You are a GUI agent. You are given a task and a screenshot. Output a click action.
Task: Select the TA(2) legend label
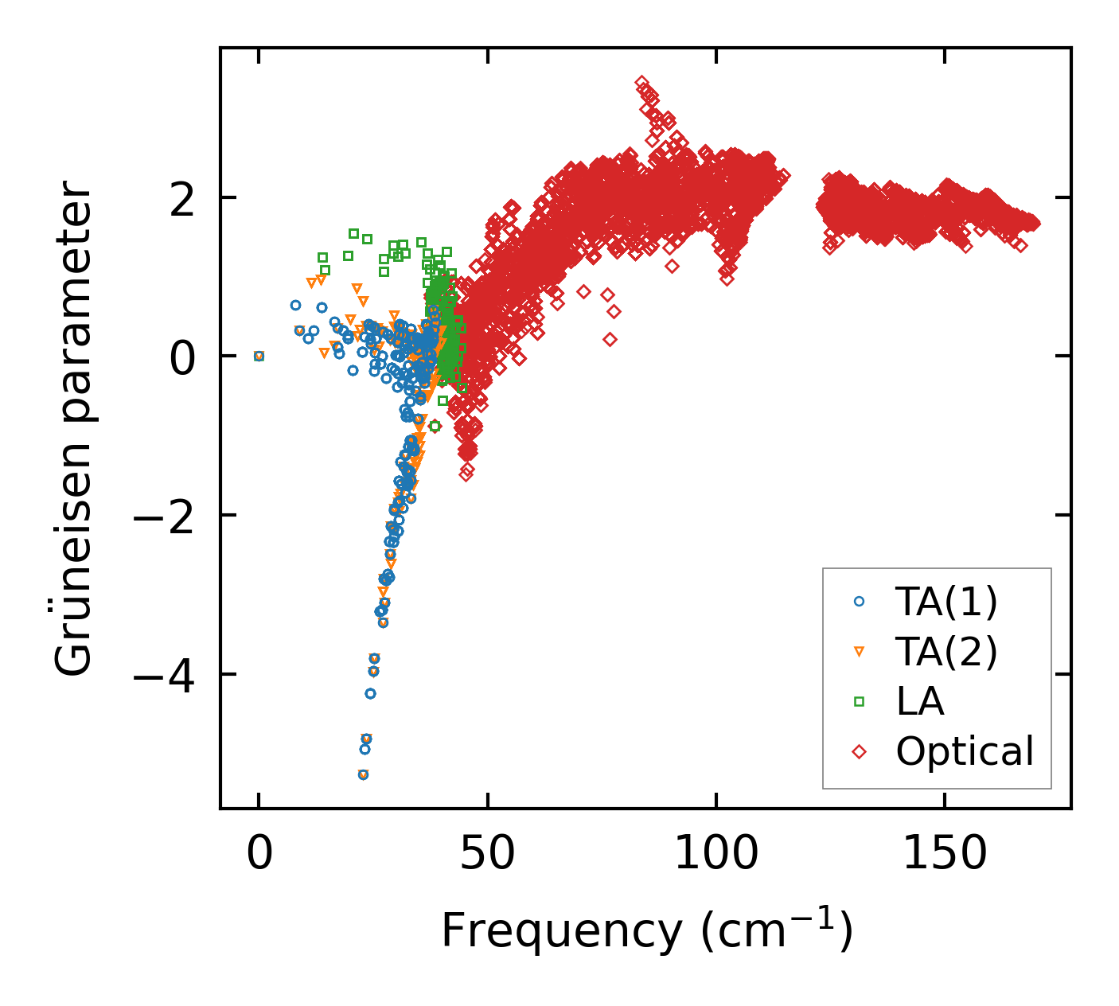[945, 652]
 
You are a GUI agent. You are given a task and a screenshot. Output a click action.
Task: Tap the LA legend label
[920, 701]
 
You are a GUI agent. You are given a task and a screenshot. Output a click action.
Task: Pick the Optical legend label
[965, 751]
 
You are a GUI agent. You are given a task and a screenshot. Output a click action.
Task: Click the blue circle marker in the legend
[859, 602]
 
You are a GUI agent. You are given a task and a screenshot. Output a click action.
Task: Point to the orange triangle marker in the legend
[859, 652]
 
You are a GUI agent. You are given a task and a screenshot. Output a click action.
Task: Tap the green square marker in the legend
[859, 701]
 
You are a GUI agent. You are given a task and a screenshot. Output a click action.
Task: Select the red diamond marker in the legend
[859, 751]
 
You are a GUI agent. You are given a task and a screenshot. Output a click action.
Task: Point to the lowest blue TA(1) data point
[363, 774]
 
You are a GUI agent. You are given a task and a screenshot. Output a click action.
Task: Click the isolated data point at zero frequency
[259, 356]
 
